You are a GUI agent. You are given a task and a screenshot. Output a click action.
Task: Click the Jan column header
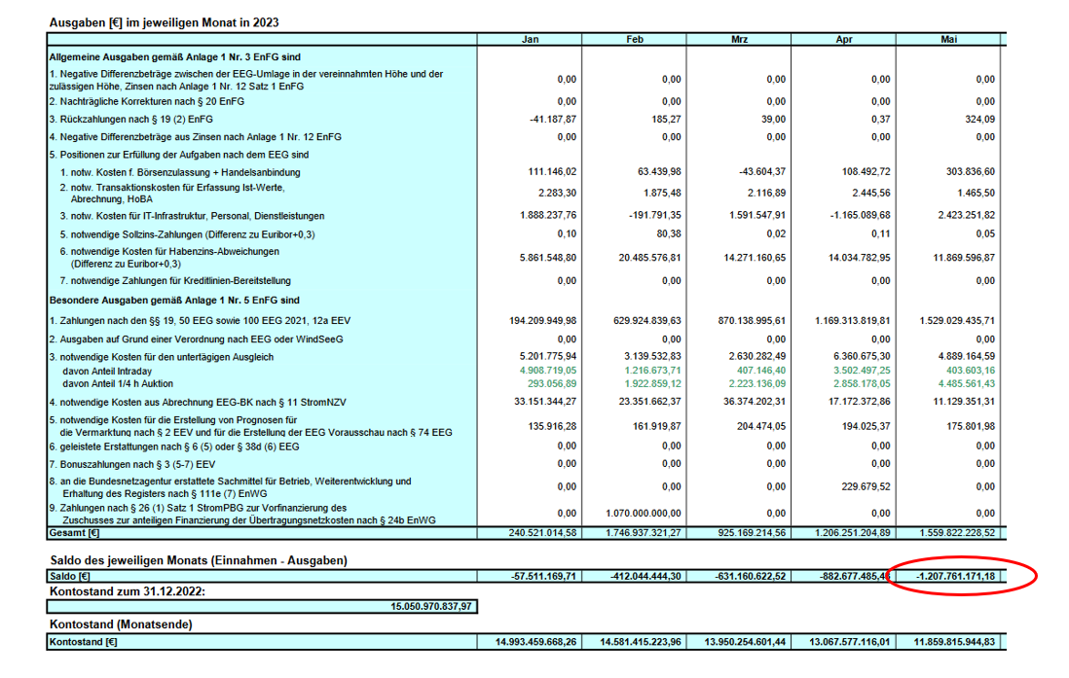coord(530,39)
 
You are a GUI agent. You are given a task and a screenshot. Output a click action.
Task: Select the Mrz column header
coord(739,39)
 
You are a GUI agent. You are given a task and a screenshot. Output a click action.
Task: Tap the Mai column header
coord(948,39)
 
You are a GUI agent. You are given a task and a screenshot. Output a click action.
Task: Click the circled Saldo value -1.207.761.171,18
coord(955,577)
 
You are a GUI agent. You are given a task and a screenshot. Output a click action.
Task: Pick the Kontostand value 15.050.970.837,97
coord(430,607)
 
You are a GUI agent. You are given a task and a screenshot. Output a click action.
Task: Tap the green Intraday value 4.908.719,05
coord(549,371)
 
